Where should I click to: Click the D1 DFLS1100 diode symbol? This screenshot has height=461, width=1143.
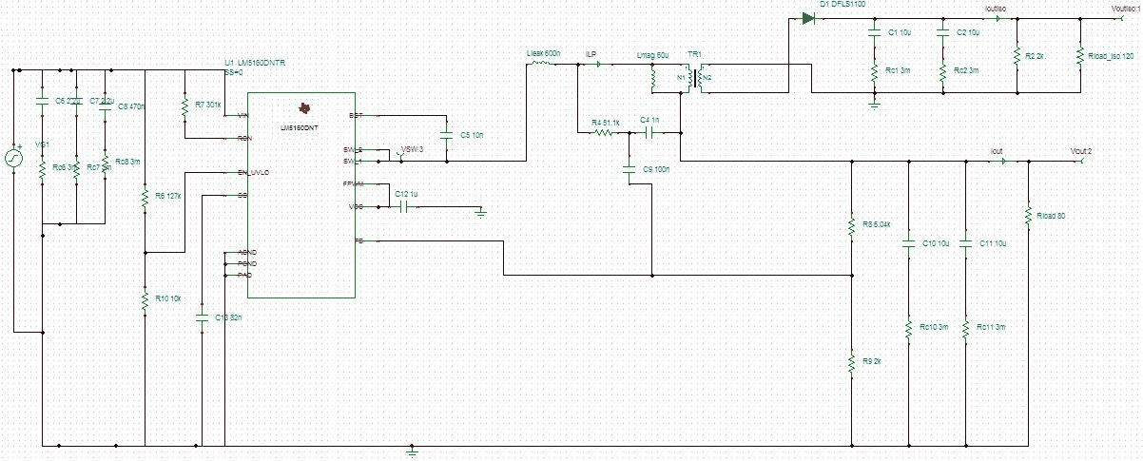[x=809, y=18]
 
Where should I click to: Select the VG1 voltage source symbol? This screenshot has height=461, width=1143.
[x=14, y=158]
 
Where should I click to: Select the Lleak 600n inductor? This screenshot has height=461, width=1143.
[x=540, y=65]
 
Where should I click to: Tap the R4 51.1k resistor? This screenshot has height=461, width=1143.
[x=603, y=133]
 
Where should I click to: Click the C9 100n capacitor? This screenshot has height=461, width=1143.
[x=629, y=169]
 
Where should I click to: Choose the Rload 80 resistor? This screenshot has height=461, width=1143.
[x=1028, y=215]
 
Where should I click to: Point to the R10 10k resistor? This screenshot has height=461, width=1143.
[x=145, y=300]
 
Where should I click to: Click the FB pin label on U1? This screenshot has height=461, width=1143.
[x=357, y=240]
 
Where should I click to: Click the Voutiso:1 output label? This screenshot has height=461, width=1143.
[x=1125, y=9]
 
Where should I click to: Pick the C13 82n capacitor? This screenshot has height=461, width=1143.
[x=202, y=317]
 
